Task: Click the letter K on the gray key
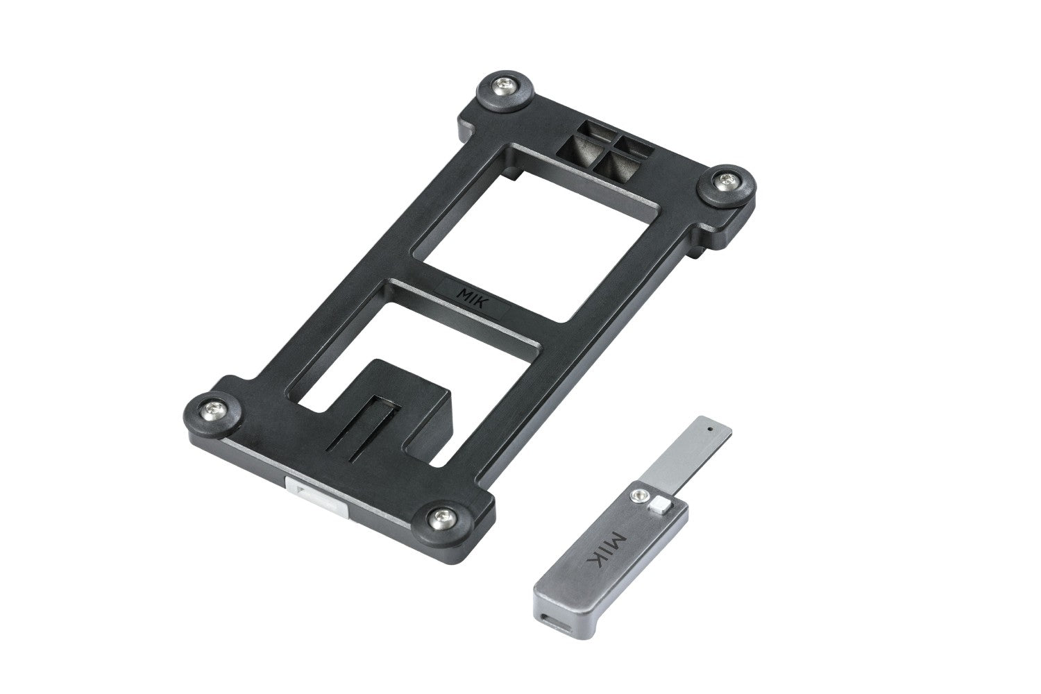tap(600, 566)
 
